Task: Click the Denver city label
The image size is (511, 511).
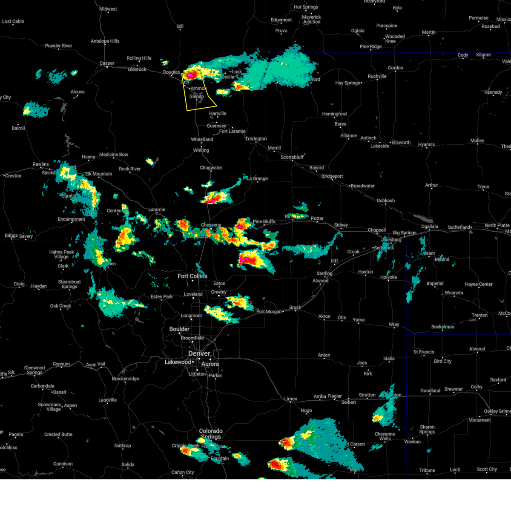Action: [x=199, y=354]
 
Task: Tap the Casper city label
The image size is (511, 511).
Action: [x=107, y=63]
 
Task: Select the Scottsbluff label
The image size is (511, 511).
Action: [x=292, y=157]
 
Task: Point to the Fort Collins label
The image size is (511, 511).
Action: [x=192, y=276]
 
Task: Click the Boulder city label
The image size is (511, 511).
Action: [x=179, y=329]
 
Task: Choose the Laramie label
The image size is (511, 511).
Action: [x=157, y=210]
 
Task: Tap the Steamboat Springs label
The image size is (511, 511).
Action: [x=69, y=284]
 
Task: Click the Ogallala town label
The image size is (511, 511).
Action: [x=429, y=227]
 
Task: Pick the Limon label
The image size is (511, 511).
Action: [x=291, y=399]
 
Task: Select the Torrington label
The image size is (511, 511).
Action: [x=256, y=139]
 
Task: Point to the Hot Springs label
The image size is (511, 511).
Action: [x=306, y=7]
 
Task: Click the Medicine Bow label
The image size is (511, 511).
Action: [x=114, y=155]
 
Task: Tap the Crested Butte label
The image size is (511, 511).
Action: [x=58, y=434]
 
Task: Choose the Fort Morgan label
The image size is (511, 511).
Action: [x=269, y=312]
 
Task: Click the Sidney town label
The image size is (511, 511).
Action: [x=341, y=225]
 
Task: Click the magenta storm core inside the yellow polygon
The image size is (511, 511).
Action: [x=191, y=75]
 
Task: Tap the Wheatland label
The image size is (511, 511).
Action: [x=202, y=140]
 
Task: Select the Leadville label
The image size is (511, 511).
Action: [x=107, y=400]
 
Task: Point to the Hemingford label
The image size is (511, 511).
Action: [x=334, y=114]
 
